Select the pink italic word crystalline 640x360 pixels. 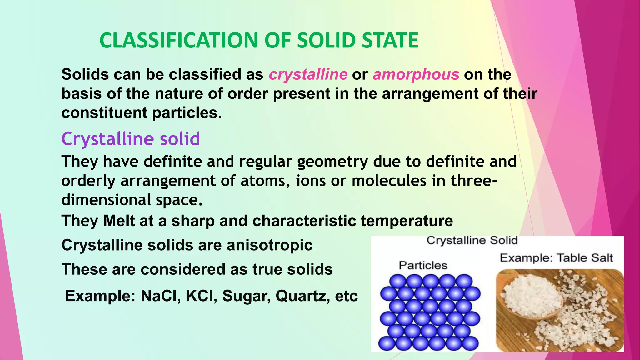pyautogui.click(x=308, y=75)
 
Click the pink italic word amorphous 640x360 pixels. pyautogui.click(x=416, y=75)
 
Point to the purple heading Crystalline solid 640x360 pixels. pyautogui.click(x=131, y=139)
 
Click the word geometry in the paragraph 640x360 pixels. pyautogui.click(x=332, y=162)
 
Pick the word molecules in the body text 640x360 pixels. pyautogui.click(x=389, y=181)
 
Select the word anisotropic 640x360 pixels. pyautogui.click(x=270, y=245)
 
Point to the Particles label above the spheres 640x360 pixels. pyautogui.click(x=423, y=266)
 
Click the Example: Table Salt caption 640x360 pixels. pyautogui.click(x=556, y=258)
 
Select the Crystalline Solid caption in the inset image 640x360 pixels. pyautogui.click(x=472, y=241)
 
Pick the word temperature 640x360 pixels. pyautogui.click(x=407, y=221)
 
